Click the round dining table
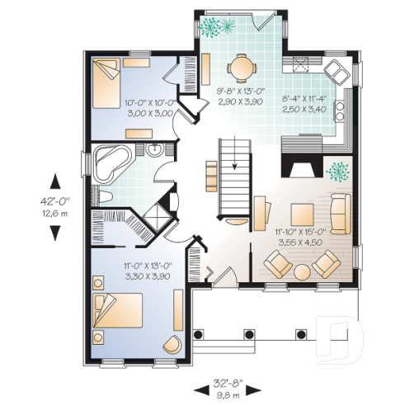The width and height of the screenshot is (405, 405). pos(240,66)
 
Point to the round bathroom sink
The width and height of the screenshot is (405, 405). pos(153,150)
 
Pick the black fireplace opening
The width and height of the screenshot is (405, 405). pos(300,168)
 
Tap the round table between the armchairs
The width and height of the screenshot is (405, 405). pos(301,271)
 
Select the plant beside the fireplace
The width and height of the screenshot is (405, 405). pos(337,172)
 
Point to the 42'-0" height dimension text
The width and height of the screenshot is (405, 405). pos(54,200)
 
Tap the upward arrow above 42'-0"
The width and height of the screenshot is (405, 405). pos(54,180)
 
